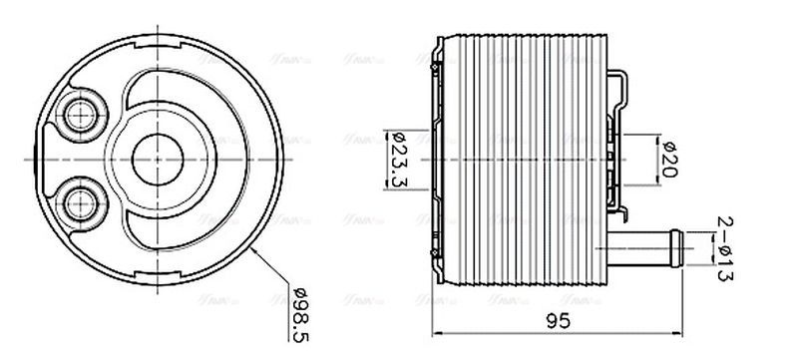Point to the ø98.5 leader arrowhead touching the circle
click(x=256, y=253)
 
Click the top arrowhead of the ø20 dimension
click(x=653, y=138)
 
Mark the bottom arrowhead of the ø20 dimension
click(x=653, y=179)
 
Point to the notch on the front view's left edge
click(x=32, y=158)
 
